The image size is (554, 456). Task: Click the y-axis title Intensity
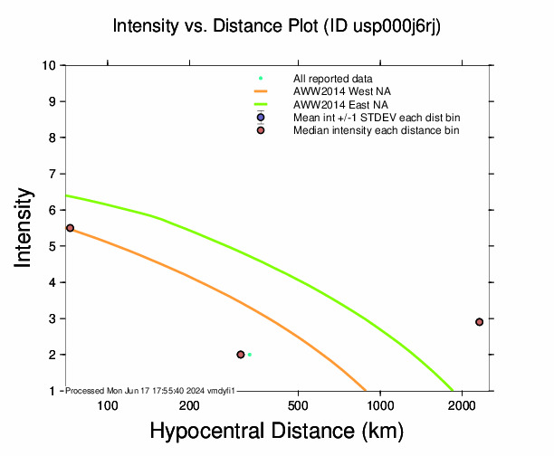point(25,226)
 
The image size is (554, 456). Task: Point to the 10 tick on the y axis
point(50,65)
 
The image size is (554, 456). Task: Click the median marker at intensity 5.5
point(70,228)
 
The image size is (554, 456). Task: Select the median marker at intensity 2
point(241,355)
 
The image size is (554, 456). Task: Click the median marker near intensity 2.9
point(479,322)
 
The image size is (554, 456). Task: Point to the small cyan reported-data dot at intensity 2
point(250,355)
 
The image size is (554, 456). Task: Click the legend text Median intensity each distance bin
point(377,130)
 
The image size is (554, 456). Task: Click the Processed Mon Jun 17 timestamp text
point(150,390)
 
